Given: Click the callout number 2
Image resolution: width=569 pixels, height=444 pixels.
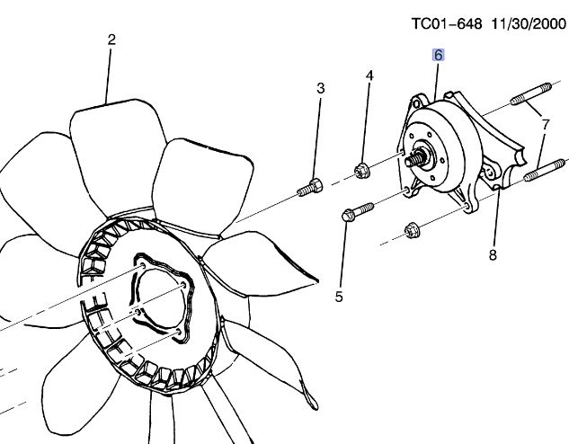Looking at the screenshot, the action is coord(111,40).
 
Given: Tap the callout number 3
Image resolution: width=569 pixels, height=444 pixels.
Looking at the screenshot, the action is coord(320,88).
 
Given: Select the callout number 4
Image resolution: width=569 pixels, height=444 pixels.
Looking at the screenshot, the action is coord(369,75).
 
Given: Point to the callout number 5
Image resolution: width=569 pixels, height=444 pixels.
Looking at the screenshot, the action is coord(339,297).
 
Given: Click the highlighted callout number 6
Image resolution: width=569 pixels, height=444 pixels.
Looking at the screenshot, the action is coord(439,55).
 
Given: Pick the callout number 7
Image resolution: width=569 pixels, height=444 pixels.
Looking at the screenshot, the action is coord(546,125).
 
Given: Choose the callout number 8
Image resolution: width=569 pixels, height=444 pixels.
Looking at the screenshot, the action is coord(493,255).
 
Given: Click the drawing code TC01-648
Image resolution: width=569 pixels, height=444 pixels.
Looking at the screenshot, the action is coord(447,24).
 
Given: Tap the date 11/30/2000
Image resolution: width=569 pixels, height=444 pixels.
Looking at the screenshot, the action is coord(529,24).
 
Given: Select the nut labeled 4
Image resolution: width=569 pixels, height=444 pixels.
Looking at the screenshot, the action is coord(361,171).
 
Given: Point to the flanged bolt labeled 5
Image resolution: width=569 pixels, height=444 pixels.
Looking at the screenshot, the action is coord(358,212).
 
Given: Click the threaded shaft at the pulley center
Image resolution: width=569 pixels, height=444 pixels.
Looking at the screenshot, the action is coord(415,158).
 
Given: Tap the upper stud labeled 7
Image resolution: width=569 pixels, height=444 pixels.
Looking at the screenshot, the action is coord(531,94).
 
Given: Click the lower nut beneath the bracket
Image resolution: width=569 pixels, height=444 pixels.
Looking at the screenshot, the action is coord(412,230).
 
